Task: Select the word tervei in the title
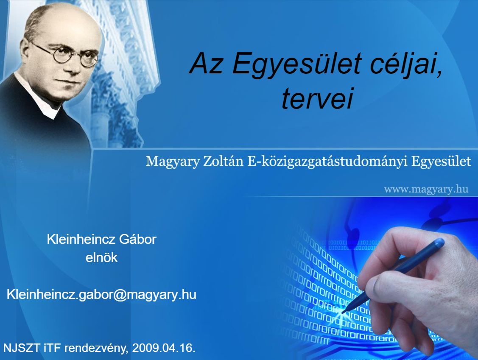point(317,98)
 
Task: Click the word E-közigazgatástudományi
point(327,162)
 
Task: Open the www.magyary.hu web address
point(426,190)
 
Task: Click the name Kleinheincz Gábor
point(101,239)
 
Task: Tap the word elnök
point(101,257)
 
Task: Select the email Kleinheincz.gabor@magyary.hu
point(101,295)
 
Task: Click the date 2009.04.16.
point(164,348)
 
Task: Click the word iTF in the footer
point(52,348)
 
